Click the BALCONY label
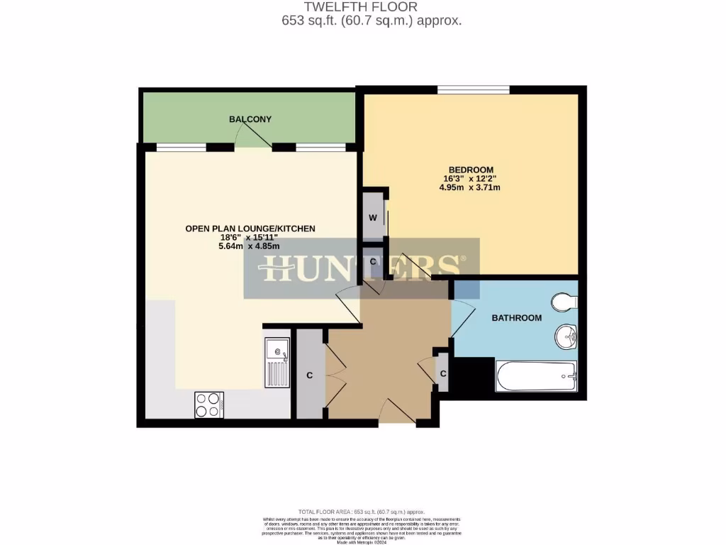click(250, 119)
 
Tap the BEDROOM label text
click(470, 170)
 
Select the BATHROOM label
click(517, 318)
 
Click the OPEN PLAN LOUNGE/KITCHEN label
click(250, 229)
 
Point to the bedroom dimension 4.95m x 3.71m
click(470, 188)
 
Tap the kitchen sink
click(277, 362)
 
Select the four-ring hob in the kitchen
click(208, 404)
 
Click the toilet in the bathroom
click(566, 302)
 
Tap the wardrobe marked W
click(372, 217)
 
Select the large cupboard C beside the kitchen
click(309, 375)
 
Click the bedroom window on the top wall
click(474, 89)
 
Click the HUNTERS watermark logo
click(362, 268)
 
